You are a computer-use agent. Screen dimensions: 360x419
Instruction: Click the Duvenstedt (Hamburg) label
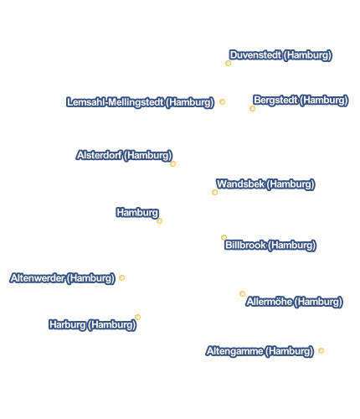pyautogui.click(x=280, y=55)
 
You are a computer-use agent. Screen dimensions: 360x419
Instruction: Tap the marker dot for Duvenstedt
pyautogui.click(x=228, y=64)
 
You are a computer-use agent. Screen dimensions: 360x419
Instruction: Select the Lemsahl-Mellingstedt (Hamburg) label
pyautogui.click(x=140, y=102)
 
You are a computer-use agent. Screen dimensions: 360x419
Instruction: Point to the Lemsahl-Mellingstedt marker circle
pyautogui.click(x=222, y=101)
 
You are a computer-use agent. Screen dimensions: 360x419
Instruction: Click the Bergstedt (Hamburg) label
pyautogui.click(x=301, y=101)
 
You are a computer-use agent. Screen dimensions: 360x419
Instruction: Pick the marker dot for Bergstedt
pyautogui.click(x=252, y=108)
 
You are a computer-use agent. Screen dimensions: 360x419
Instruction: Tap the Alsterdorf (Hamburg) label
pyautogui.click(x=124, y=155)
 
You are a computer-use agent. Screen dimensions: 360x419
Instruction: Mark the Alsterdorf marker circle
pyautogui.click(x=172, y=163)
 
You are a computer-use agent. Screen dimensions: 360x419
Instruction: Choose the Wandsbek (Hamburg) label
pyautogui.click(x=265, y=184)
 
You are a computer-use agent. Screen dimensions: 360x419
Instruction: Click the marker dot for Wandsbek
pyautogui.click(x=214, y=192)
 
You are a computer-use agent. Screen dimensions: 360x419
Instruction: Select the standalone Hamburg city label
pyautogui.click(x=137, y=213)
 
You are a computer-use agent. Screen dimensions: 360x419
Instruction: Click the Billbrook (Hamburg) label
pyautogui.click(x=270, y=246)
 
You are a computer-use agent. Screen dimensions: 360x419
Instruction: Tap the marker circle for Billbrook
pyautogui.click(x=224, y=237)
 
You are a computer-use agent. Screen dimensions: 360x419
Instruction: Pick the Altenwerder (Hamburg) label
pyautogui.click(x=62, y=278)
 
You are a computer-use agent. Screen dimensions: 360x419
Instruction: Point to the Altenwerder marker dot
pyautogui.click(x=121, y=277)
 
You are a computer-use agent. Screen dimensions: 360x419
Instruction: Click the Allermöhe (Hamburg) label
pyautogui.click(x=294, y=302)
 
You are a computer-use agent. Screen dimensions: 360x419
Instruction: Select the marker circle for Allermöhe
pyautogui.click(x=242, y=293)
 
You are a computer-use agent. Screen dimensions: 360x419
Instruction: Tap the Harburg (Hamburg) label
pyautogui.click(x=92, y=325)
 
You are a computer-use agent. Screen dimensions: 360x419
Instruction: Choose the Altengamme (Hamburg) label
pyautogui.click(x=260, y=351)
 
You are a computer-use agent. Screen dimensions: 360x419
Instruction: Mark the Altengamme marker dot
pyautogui.click(x=321, y=350)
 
